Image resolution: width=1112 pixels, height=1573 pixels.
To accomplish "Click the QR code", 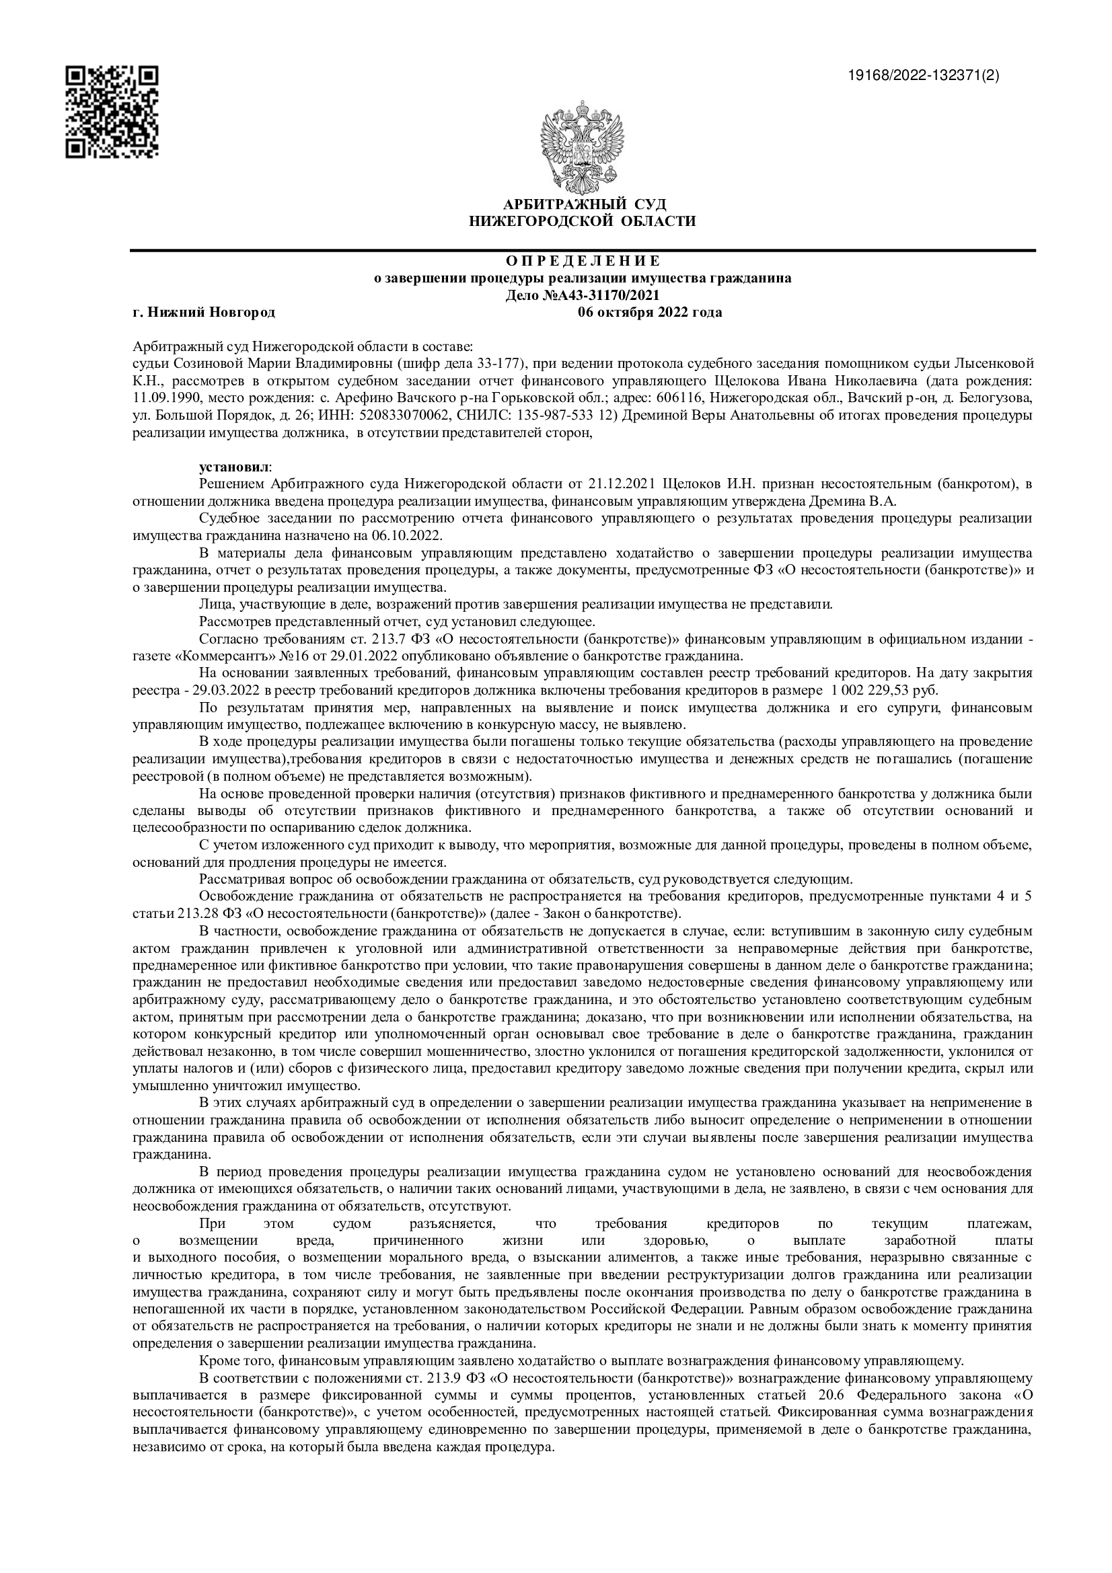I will [x=112, y=112].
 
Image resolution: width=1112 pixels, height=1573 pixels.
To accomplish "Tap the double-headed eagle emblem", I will [x=584, y=146].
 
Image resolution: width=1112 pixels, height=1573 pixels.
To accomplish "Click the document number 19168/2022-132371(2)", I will [x=924, y=76].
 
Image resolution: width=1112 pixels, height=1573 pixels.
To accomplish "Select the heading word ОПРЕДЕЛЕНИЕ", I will [x=583, y=261].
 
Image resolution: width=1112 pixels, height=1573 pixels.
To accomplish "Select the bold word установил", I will [x=233, y=467].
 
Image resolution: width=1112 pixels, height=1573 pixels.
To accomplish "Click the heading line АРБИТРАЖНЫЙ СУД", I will [x=584, y=205].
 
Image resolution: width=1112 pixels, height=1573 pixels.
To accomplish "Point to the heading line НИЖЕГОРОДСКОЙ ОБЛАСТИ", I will [x=583, y=221].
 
